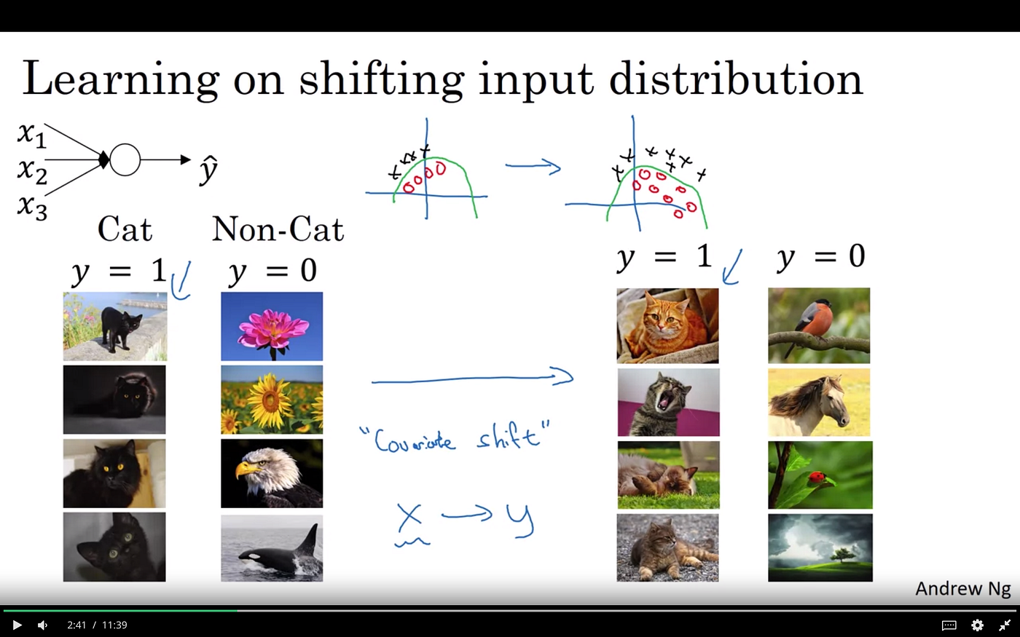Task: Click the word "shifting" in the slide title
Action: coord(380,79)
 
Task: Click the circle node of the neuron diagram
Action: coord(125,159)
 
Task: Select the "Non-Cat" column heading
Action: coord(278,229)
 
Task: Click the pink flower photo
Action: coord(272,326)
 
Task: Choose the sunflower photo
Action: coord(272,400)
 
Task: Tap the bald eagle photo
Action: coord(272,473)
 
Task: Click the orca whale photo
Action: coord(272,547)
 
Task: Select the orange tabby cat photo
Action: coord(667,325)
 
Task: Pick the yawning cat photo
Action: coord(668,402)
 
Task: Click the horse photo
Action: coord(819,402)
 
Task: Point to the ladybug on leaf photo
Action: coord(820,475)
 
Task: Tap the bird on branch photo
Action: coord(819,325)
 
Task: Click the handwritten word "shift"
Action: coord(510,437)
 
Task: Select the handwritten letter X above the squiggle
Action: coord(409,517)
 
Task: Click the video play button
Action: coord(17,625)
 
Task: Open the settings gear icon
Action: coord(977,625)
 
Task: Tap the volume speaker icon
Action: coord(42,625)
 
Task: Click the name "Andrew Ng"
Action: coord(962,588)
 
